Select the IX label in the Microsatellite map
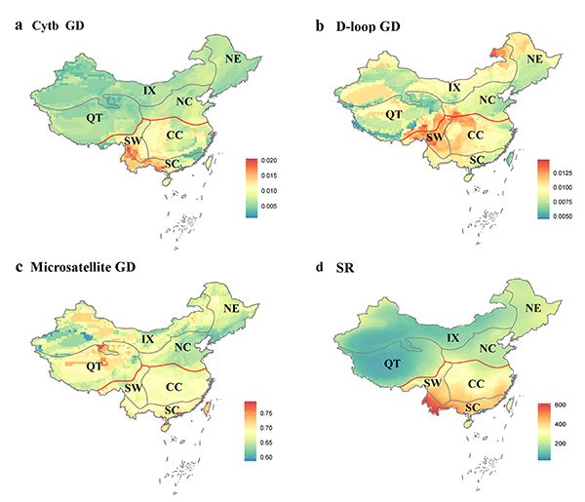point(148,339)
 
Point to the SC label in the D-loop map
point(478,160)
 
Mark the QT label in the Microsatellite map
point(95,367)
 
